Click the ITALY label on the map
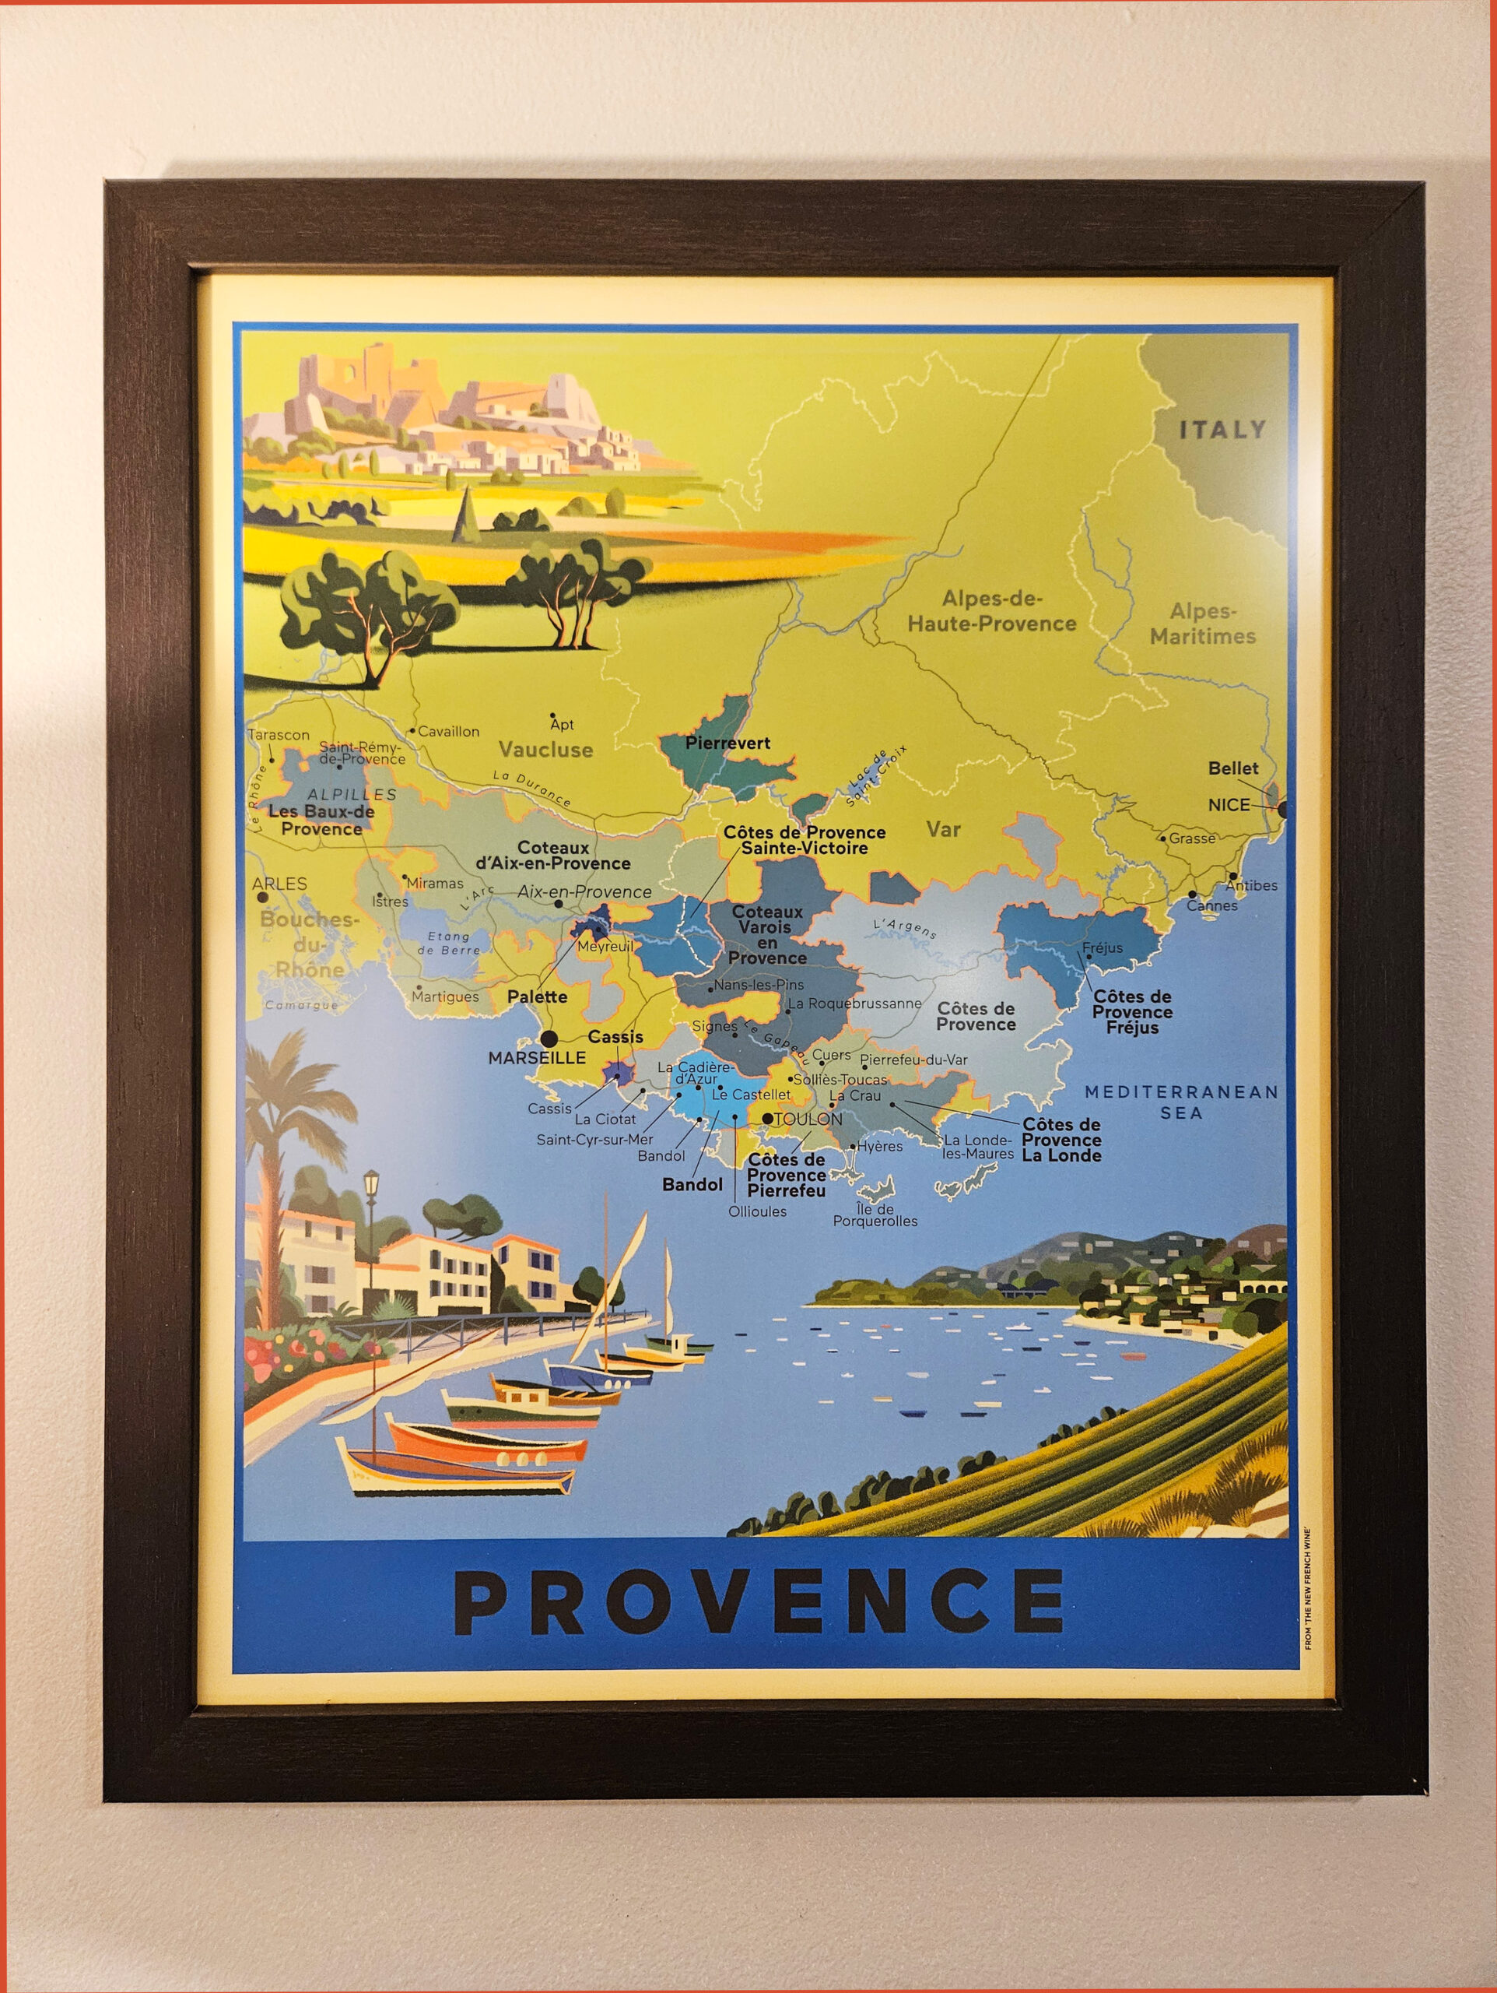(x=1222, y=430)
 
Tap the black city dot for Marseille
(x=549, y=1039)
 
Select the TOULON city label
(x=808, y=1119)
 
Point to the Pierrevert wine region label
(x=727, y=743)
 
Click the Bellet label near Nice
(x=1232, y=768)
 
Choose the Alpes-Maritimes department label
(x=1202, y=624)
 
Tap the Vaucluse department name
(x=546, y=750)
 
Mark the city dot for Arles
(x=262, y=898)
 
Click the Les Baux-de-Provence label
(x=321, y=820)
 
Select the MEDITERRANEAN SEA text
(x=1181, y=1102)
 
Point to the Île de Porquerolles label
(x=875, y=1215)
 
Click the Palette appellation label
(x=537, y=996)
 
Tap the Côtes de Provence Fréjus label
(x=1132, y=1012)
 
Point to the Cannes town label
(x=1211, y=905)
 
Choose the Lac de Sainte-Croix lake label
(x=876, y=777)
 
